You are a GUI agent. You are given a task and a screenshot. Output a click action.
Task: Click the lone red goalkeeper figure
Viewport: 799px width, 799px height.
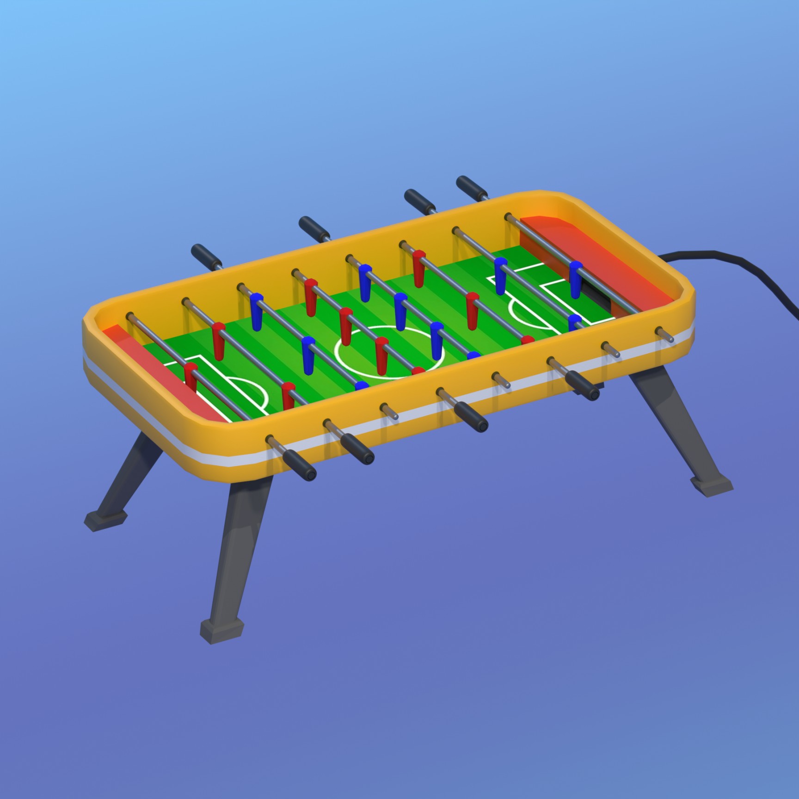tap(191, 375)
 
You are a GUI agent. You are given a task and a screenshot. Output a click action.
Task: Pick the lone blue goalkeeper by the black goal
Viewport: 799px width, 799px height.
tap(575, 277)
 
